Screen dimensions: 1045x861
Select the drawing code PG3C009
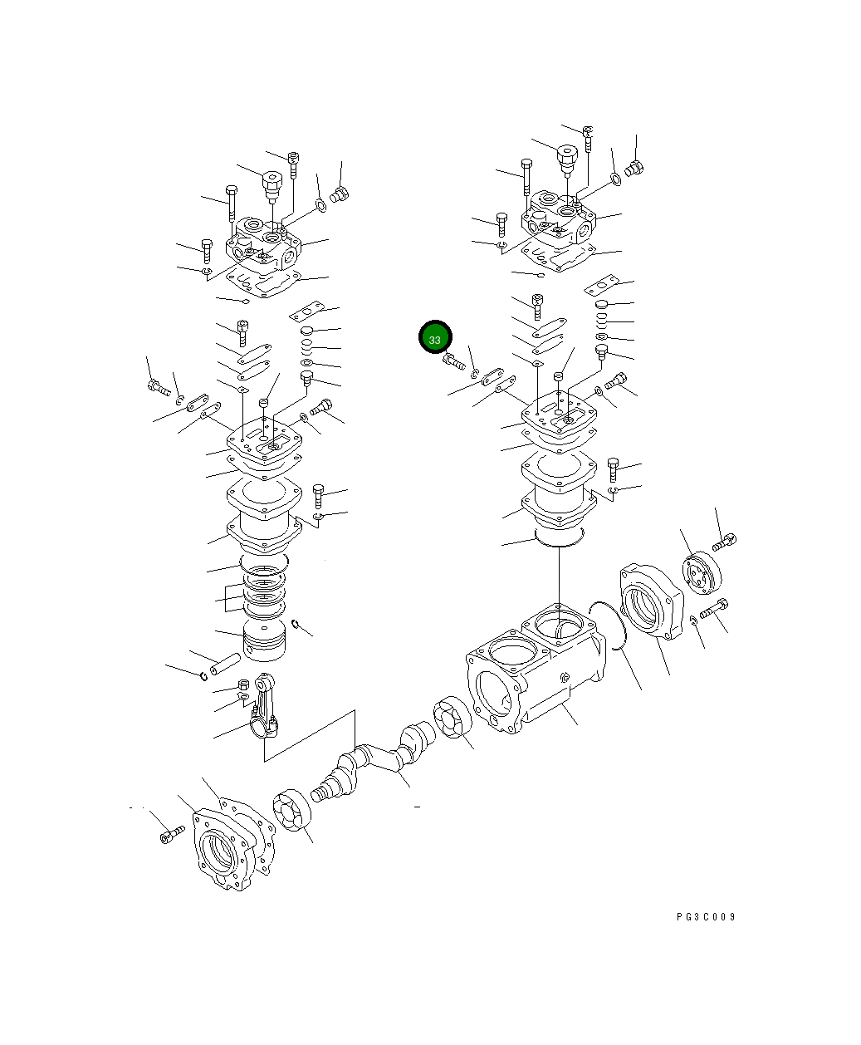pos(705,917)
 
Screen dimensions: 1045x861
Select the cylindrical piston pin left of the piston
pos(223,665)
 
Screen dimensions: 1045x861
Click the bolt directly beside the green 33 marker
pos(453,362)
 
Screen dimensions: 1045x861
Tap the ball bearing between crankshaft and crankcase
pos(453,719)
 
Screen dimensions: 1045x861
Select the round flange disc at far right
pos(702,574)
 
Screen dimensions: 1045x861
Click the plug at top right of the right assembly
pos(635,169)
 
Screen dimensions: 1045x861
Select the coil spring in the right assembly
pos(602,321)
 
